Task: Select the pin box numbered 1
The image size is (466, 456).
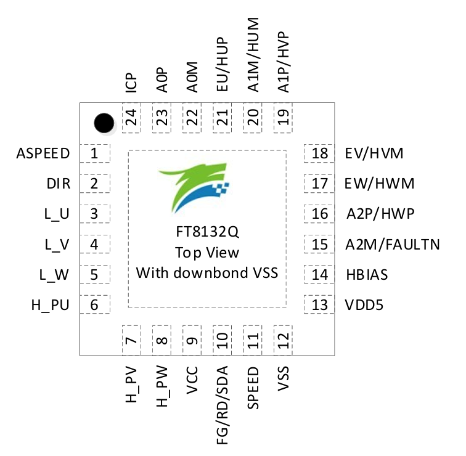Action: point(95,153)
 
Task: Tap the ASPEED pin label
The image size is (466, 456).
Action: point(44,153)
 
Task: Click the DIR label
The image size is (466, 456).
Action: point(59,184)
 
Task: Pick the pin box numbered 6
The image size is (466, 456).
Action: point(95,304)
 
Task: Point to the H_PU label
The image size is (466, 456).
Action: point(51,304)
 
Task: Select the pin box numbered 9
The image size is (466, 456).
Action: point(192,340)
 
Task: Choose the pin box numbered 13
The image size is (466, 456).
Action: point(319,304)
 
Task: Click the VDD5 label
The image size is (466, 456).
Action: point(366,304)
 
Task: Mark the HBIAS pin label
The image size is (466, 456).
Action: point(367,274)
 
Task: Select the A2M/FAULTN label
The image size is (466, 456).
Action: point(393,244)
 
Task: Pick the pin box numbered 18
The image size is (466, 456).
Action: point(319,153)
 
